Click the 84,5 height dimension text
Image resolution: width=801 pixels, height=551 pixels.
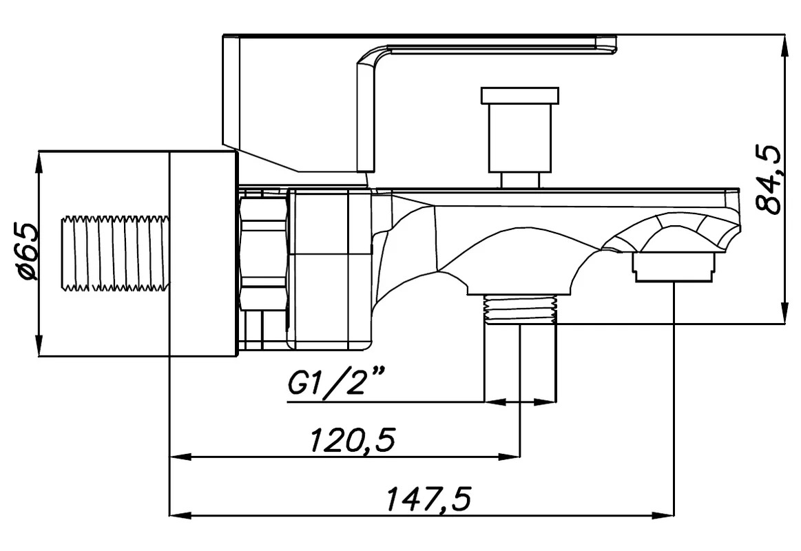769,179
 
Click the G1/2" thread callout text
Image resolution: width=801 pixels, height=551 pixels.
335,382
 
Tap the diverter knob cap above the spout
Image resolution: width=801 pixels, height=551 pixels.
519,94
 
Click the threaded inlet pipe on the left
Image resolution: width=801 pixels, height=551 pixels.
114,254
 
